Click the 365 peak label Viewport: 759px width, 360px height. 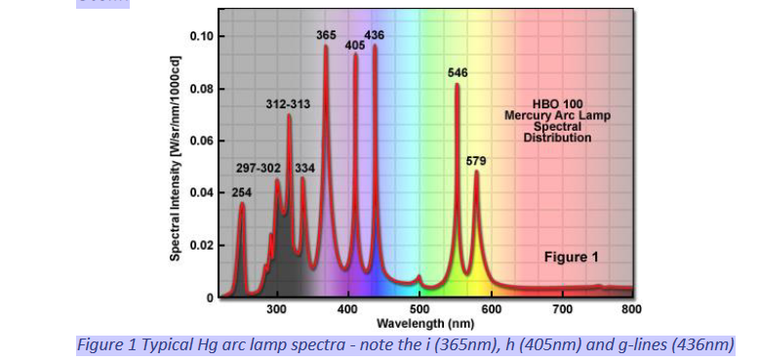327,35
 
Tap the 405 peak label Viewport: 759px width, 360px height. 355,45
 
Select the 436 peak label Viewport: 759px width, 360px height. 375,35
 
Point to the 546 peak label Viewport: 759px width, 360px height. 458,72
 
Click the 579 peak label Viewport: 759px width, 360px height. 476,160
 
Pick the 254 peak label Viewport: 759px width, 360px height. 242,193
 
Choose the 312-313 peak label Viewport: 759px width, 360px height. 289,103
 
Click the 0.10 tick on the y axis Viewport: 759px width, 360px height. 201,37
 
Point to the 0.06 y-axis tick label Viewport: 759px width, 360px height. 201,141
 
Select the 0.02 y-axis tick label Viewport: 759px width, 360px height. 201,246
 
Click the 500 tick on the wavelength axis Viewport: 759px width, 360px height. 419,310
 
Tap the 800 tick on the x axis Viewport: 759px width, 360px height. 632,310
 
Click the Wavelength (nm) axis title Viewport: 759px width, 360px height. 426,323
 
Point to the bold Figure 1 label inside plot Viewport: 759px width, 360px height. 571,258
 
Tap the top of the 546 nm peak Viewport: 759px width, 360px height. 457,86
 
